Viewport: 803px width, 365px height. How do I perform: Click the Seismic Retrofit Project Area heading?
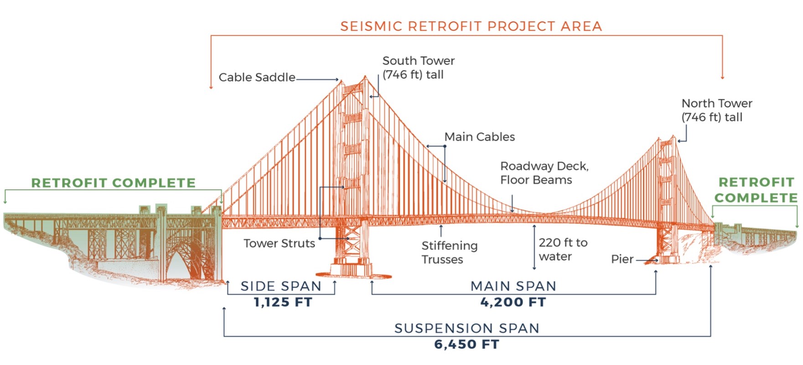point(471,26)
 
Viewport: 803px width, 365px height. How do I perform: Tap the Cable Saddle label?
point(257,77)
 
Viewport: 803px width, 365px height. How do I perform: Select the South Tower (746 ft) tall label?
point(418,68)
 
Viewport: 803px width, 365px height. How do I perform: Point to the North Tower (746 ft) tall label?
point(716,110)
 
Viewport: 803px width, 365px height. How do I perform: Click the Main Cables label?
point(479,137)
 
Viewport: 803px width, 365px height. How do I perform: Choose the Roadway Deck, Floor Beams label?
point(544,173)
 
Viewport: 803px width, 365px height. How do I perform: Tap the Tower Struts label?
point(279,243)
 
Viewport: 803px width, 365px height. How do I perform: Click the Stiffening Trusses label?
point(449,252)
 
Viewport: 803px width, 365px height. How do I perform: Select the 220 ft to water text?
point(563,249)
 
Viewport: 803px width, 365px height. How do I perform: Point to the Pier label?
point(622,259)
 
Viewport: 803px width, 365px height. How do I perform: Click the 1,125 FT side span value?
point(283,302)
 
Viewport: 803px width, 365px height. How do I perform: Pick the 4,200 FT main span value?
point(513,302)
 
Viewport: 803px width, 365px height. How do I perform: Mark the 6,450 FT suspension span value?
point(466,344)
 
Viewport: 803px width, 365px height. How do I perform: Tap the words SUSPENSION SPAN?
point(466,328)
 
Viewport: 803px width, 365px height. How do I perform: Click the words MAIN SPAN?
point(513,286)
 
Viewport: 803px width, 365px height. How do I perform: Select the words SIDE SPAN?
point(281,286)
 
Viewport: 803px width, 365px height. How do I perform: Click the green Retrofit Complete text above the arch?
point(113,183)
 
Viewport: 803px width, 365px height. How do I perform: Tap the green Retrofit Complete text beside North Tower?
point(756,190)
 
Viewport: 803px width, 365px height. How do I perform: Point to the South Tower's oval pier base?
point(353,275)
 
